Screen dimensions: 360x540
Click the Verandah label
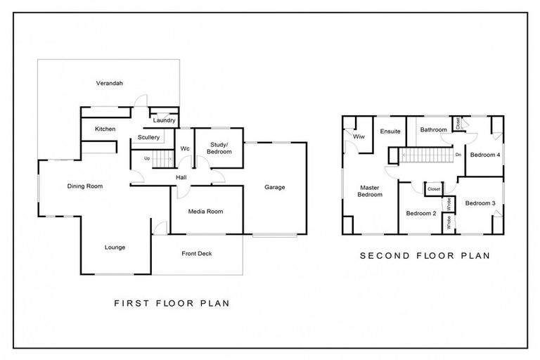[x=109, y=83]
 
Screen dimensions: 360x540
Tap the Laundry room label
[x=164, y=120]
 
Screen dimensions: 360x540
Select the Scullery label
[x=148, y=137]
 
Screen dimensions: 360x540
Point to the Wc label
[x=185, y=148]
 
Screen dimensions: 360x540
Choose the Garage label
[x=274, y=187]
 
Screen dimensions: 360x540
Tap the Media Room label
[x=205, y=211]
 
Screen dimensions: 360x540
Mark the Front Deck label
[x=196, y=253]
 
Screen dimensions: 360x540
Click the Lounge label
[x=115, y=247]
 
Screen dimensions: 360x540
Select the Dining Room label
[x=85, y=186]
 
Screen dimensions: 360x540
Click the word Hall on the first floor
[x=181, y=177]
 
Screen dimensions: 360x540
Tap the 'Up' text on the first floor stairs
[x=146, y=158]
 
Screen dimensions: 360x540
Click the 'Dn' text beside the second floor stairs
[x=458, y=154]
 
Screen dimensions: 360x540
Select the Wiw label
[x=359, y=136]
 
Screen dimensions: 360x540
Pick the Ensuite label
[x=390, y=131]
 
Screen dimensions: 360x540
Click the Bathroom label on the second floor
[x=433, y=129]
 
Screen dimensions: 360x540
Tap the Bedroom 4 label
[x=484, y=154]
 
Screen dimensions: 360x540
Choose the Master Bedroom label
[x=371, y=191]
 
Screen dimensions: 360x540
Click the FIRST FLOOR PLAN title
[x=172, y=304]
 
